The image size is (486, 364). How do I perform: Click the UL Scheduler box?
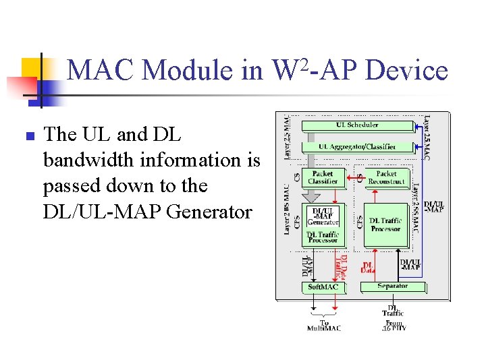(358, 125)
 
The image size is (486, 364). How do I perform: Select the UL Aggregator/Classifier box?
(358, 146)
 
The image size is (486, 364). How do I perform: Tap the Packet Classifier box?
(323, 177)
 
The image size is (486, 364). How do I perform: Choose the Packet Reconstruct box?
(386, 177)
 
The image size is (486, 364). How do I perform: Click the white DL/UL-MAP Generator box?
(323, 216)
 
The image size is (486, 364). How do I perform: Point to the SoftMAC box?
(323, 287)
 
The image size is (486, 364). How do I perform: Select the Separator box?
(392, 286)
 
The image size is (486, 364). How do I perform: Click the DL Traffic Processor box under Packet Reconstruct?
(386, 224)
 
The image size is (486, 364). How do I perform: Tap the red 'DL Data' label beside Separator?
(368, 268)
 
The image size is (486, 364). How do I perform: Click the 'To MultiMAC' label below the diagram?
(325, 326)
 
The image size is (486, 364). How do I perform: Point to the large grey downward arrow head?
(311, 197)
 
